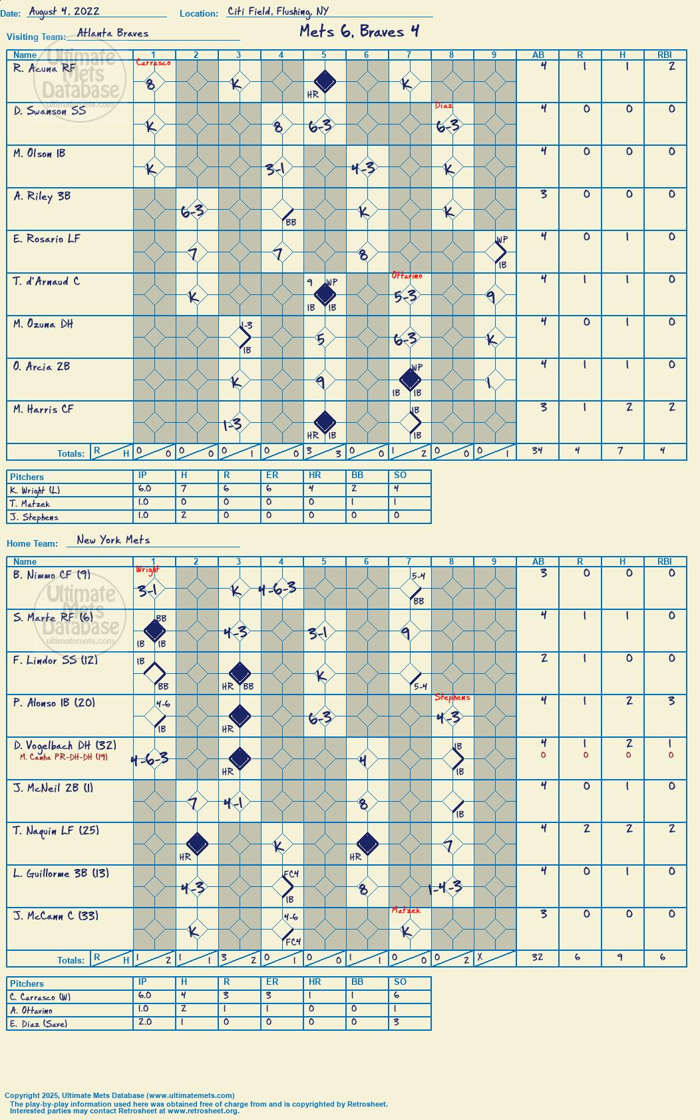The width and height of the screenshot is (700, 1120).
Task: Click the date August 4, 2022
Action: click(x=64, y=11)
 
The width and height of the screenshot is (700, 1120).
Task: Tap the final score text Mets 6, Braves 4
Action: click(x=359, y=31)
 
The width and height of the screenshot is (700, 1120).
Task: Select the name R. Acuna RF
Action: click(x=44, y=69)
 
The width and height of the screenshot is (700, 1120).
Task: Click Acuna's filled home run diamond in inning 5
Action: click(x=325, y=81)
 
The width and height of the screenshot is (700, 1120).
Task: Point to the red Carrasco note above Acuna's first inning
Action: click(x=154, y=63)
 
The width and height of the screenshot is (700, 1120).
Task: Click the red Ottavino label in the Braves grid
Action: click(x=407, y=276)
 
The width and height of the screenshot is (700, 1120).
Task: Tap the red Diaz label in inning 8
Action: click(x=443, y=105)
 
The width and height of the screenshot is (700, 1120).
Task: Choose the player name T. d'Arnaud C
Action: click(x=47, y=282)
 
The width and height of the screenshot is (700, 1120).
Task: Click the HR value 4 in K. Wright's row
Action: click(x=311, y=489)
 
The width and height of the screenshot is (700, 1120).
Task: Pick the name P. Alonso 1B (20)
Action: click(x=54, y=703)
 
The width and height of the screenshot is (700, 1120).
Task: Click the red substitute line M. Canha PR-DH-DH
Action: click(x=63, y=757)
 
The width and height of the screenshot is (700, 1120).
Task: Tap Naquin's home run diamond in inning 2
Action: click(x=197, y=844)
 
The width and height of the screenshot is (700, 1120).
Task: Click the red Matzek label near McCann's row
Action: click(x=406, y=910)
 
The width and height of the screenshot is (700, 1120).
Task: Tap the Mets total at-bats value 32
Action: click(x=537, y=957)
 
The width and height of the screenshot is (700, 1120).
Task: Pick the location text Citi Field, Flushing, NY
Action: click(x=278, y=11)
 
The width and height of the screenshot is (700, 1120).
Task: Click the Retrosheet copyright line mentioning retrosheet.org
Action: click(x=124, y=1111)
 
